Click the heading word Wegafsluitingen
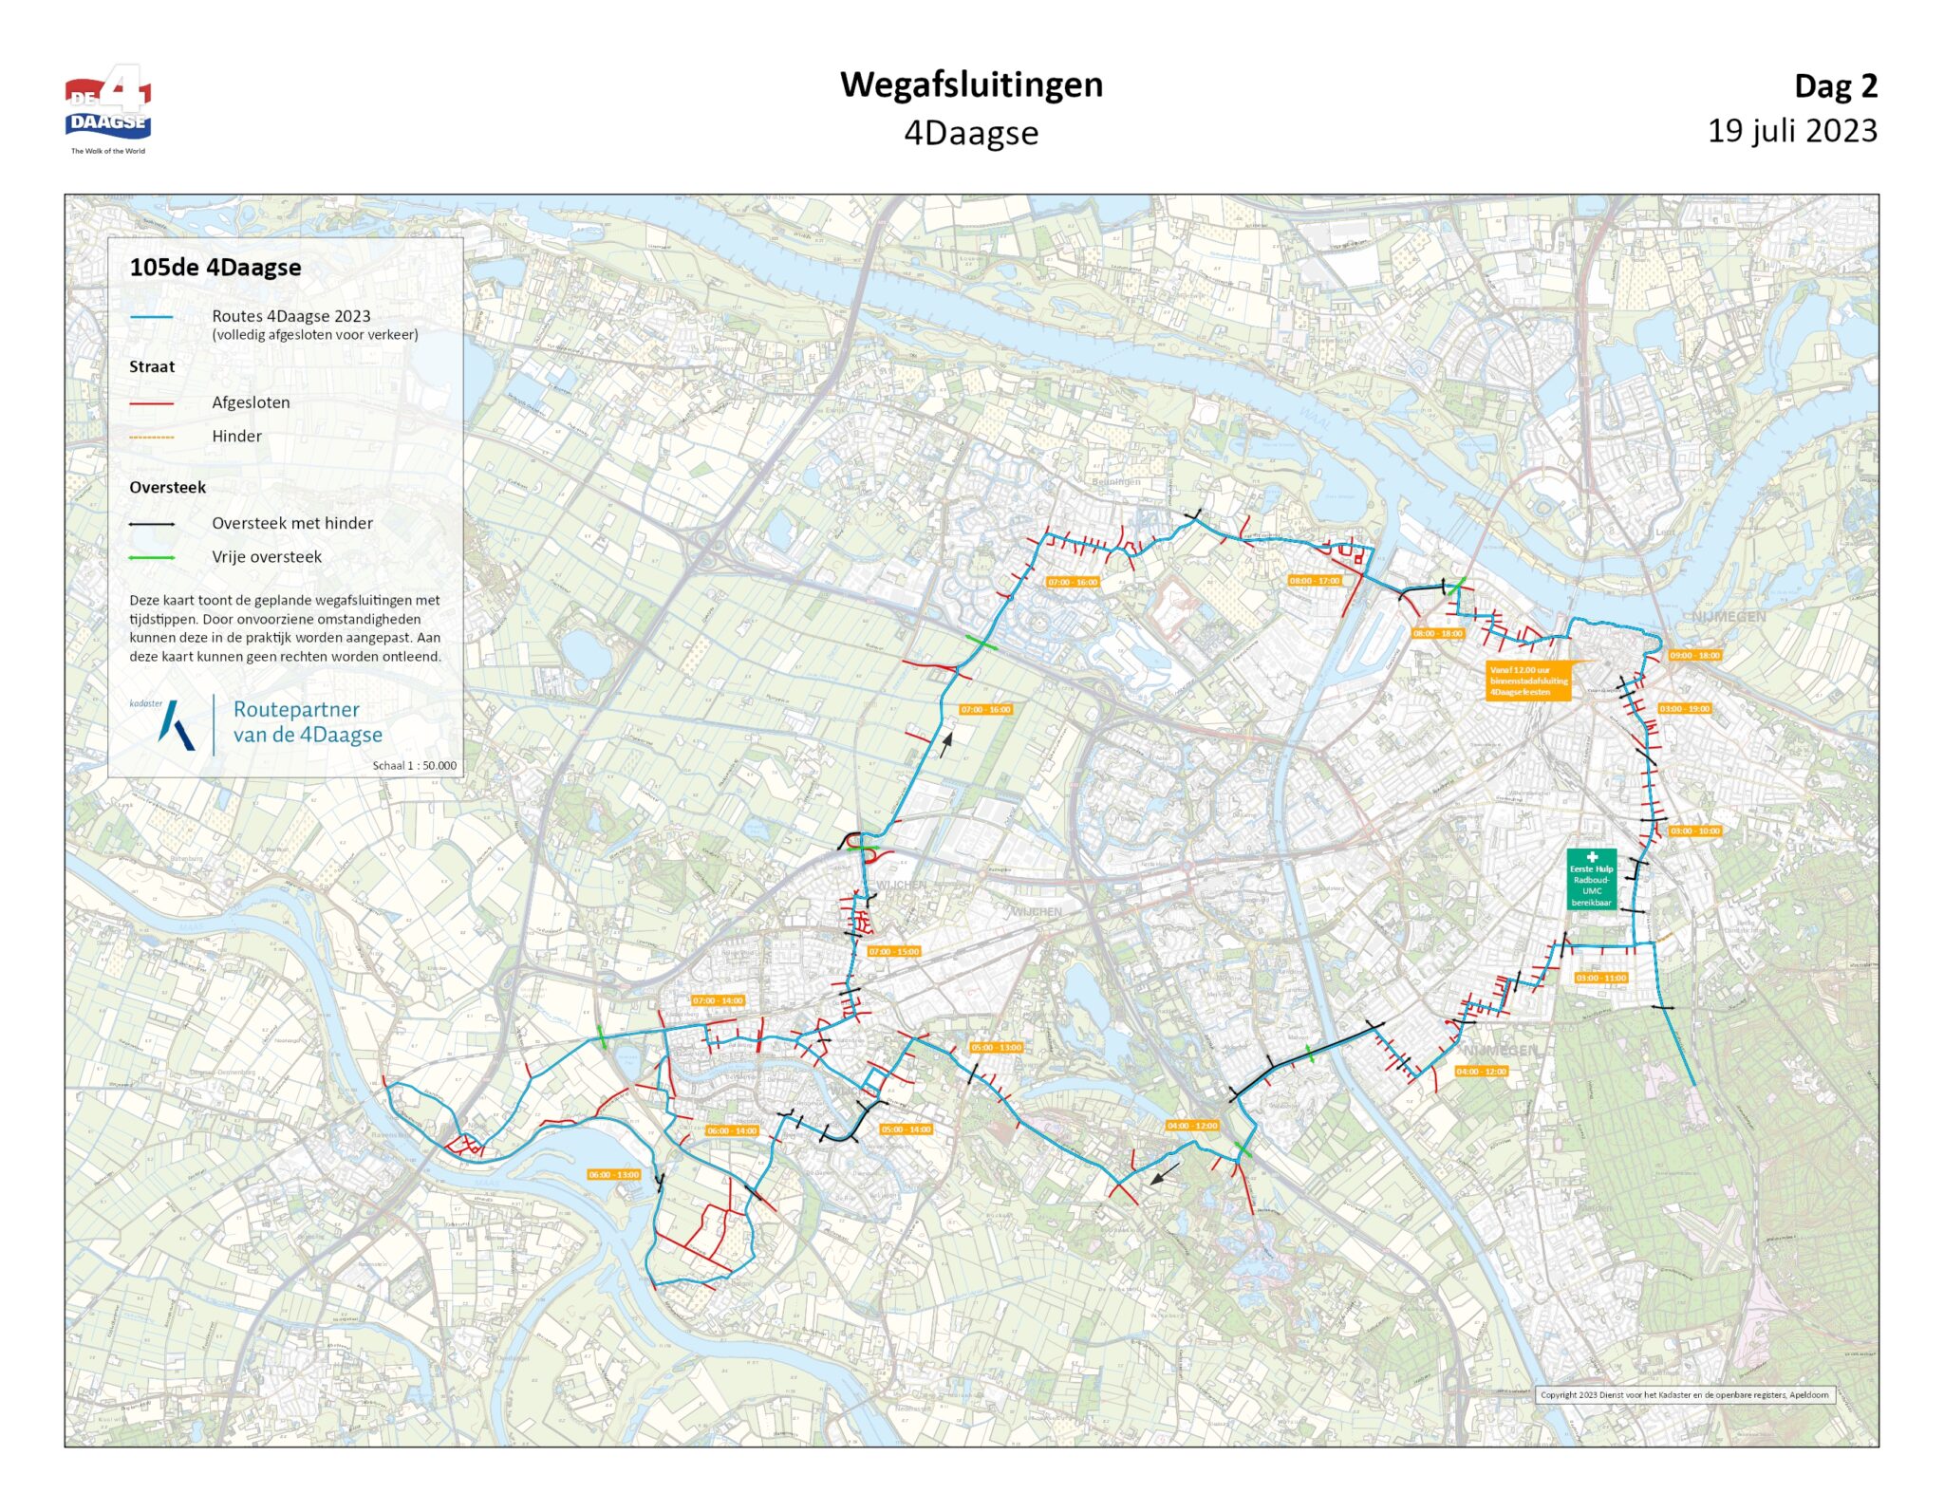971,84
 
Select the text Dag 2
1835,86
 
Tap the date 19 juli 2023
1791,131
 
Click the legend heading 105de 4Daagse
215,268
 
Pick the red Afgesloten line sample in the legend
152,403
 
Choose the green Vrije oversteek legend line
152,558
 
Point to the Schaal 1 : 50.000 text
414,766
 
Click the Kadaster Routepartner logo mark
177,725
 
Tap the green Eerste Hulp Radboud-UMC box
1591,880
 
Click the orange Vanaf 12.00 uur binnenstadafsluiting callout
1528,681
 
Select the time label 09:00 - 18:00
1694,656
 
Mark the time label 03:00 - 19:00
1684,709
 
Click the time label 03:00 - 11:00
1600,978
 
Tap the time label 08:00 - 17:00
1315,581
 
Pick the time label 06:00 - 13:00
614,1175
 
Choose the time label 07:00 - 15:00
893,951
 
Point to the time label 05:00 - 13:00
996,1048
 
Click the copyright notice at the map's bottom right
1684,1395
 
